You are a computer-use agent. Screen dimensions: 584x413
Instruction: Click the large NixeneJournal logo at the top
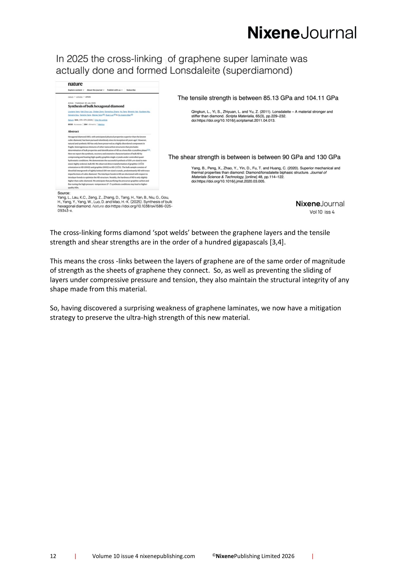tap(302, 33)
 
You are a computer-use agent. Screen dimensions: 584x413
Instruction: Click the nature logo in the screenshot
tap(75, 84)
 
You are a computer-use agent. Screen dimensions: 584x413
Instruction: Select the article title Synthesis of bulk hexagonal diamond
tap(96, 106)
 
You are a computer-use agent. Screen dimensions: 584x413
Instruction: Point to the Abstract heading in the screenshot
tap(73, 132)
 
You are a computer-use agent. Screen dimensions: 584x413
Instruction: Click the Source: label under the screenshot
tap(64, 193)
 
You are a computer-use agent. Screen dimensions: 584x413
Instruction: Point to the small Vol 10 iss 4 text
tap(322, 212)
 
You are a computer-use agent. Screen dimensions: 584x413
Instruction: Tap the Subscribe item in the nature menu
tap(131, 90)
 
